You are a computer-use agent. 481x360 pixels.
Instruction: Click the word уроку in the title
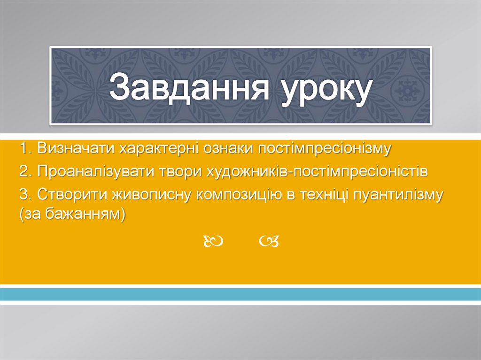(x=319, y=89)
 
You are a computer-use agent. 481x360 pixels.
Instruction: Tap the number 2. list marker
(x=25, y=171)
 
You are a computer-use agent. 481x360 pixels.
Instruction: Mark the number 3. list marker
(x=25, y=194)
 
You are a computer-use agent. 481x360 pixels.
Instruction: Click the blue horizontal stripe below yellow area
(x=240, y=294)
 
